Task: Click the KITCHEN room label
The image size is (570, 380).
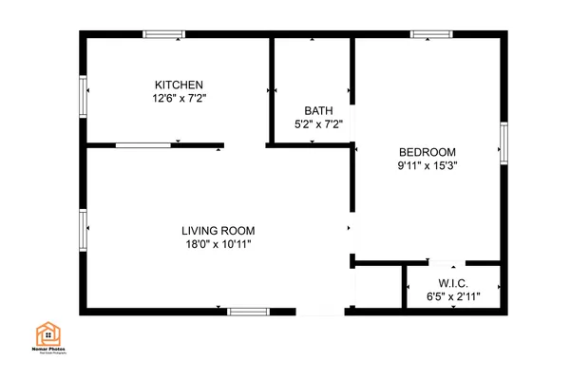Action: pos(180,85)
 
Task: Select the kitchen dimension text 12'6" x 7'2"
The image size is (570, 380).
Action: pos(180,98)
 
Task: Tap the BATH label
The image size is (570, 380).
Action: pos(317,110)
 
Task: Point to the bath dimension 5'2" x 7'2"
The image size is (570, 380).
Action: pos(317,123)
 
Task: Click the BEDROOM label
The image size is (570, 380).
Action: pos(427,152)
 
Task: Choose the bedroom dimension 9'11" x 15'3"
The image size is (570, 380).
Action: pos(427,165)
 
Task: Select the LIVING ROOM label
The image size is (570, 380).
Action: pos(218,231)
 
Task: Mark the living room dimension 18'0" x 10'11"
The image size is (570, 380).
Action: pos(218,244)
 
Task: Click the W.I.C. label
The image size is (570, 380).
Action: pos(452,284)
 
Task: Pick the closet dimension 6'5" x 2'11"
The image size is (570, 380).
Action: pos(452,297)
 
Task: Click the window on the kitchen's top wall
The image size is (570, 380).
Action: pos(163,35)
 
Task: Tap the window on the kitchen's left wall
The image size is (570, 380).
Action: pos(83,94)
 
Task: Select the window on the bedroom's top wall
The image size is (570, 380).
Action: pos(430,35)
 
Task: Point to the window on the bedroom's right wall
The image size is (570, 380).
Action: pos(504,142)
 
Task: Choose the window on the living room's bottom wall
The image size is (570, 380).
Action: pos(248,311)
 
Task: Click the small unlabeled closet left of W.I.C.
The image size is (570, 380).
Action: pos(377,289)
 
